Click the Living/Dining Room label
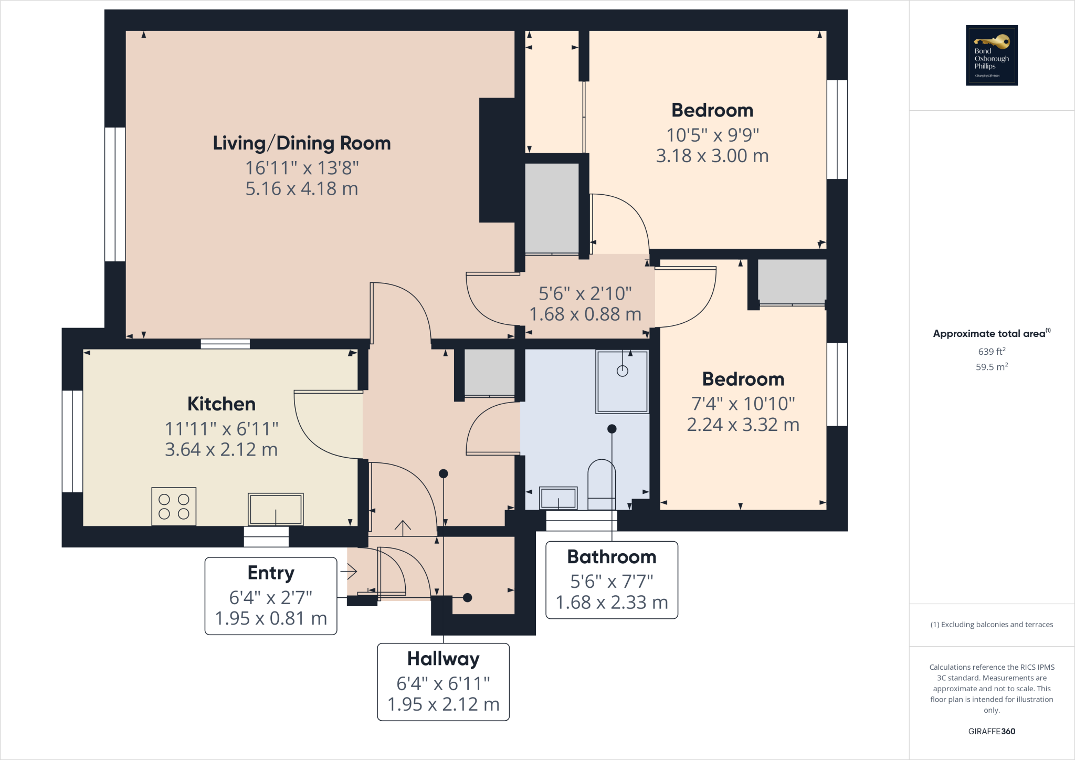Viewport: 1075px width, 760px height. (302, 143)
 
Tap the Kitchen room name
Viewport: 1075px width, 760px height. (222, 404)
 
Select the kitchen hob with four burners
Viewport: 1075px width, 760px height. (174, 506)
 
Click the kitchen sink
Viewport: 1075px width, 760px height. (276, 509)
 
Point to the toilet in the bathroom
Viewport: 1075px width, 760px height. (602, 484)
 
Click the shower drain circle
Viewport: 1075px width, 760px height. (623, 371)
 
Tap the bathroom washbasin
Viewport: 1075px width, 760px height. (558, 498)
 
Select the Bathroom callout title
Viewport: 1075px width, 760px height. (612, 556)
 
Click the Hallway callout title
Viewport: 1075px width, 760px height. (444, 659)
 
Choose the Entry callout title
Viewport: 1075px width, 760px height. (271, 573)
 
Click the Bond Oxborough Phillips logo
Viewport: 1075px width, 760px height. (992, 55)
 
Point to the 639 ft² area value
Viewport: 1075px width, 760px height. (992, 351)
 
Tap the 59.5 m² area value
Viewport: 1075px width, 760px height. (992, 367)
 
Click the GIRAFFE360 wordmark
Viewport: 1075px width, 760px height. (992, 731)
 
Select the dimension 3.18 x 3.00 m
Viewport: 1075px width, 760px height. (712, 156)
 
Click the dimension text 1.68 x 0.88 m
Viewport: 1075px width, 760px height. (585, 314)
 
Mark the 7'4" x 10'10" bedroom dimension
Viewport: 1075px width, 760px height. (743, 404)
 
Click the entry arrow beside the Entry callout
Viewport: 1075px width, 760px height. (349, 571)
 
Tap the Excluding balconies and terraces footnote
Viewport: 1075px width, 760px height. (992, 625)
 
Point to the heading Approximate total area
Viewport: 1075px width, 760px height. (992, 333)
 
